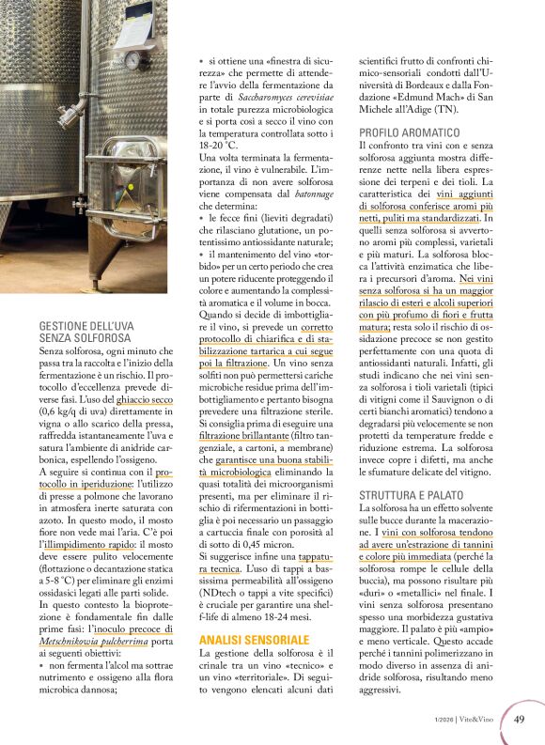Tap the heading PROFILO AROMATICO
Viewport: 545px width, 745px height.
[409, 133]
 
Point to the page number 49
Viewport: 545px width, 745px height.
[519, 720]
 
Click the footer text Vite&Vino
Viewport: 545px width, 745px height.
[483, 721]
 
